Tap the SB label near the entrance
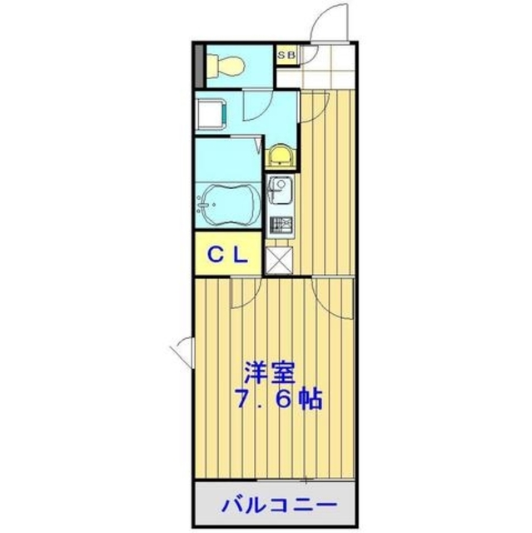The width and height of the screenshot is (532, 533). tap(286, 56)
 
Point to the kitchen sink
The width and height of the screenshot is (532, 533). tap(278, 187)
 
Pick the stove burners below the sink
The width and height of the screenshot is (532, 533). tap(279, 225)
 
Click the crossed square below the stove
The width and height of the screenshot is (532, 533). tap(278, 261)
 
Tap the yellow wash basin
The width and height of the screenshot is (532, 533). tap(281, 154)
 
